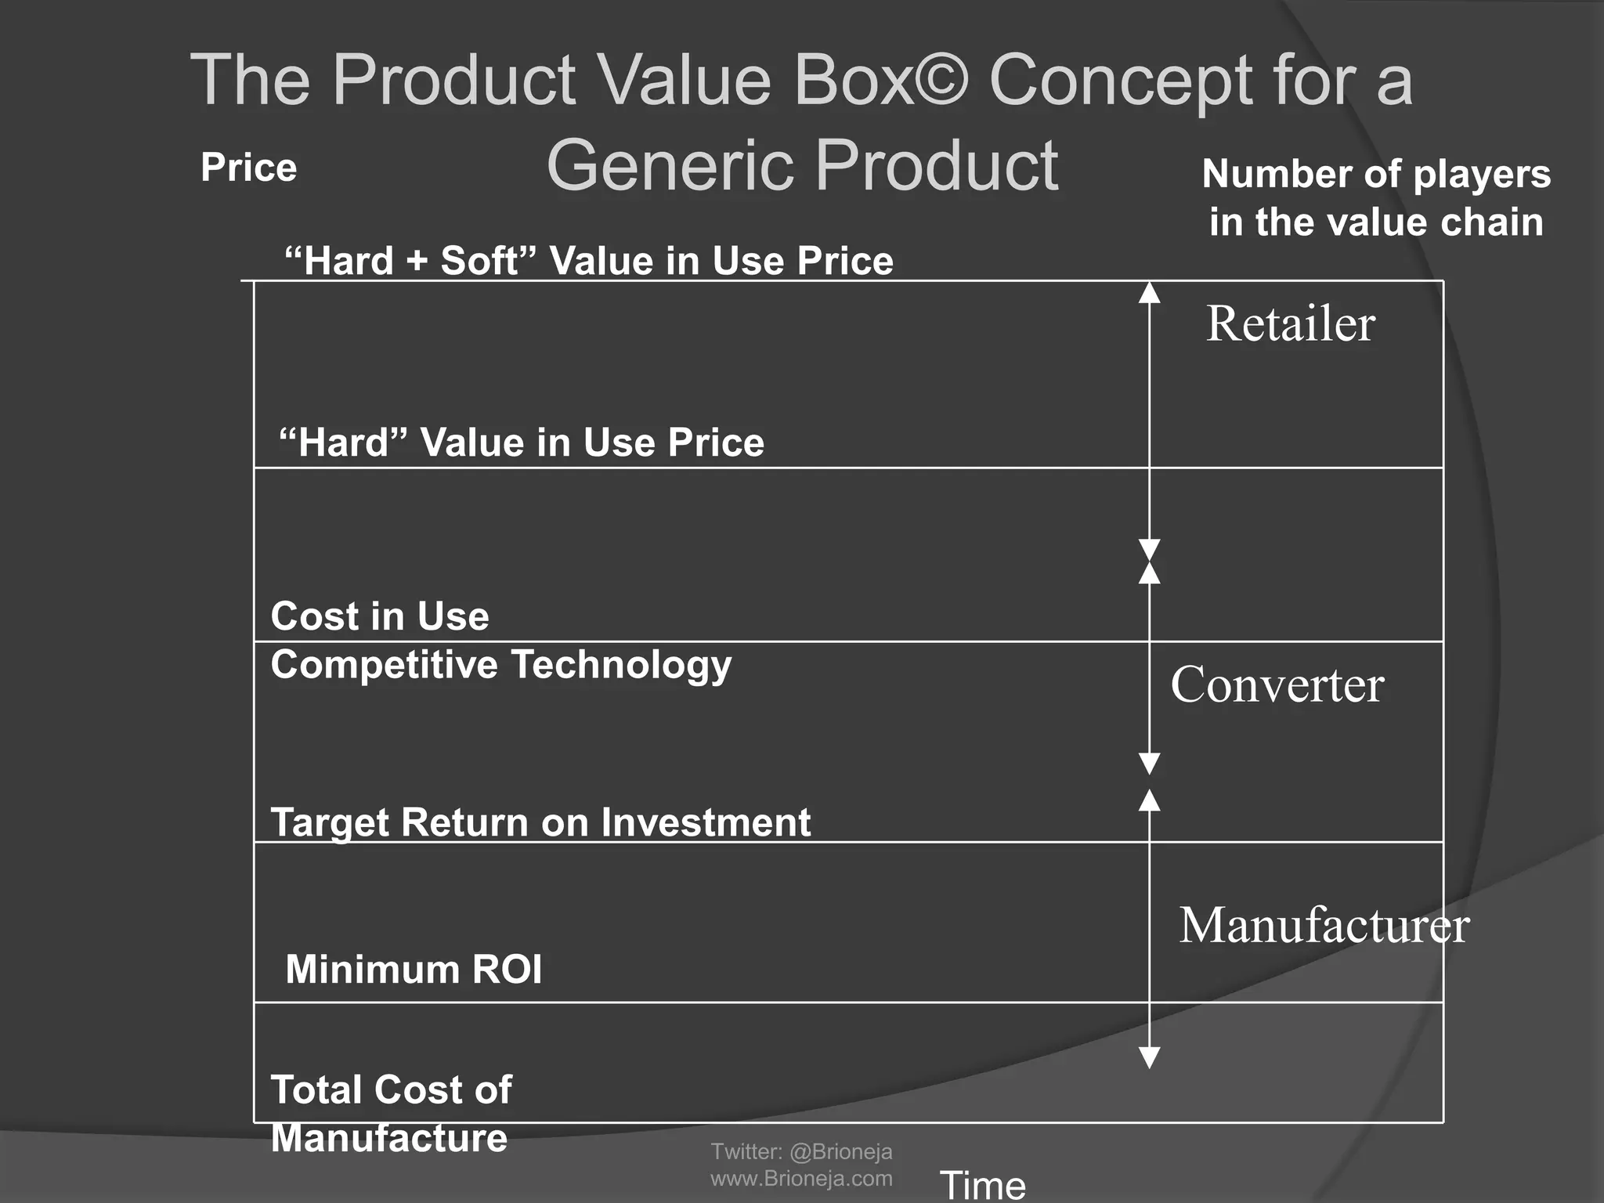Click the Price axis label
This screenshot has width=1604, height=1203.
(248, 168)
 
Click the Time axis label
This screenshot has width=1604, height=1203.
(982, 1184)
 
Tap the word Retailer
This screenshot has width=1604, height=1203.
(1290, 323)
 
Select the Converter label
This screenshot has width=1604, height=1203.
(1277, 685)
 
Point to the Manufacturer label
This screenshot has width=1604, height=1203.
(1324, 925)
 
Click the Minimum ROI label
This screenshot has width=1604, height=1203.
(414, 970)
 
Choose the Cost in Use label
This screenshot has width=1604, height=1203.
(380, 616)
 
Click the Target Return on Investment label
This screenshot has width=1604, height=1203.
(540, 823)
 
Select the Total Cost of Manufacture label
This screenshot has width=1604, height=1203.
(391, 1113)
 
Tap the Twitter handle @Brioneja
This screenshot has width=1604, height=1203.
(841, 1151)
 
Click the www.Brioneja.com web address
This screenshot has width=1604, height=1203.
(801, 1178)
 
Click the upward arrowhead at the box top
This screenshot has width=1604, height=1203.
(1149, 292)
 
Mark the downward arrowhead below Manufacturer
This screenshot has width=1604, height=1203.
(1149, 1057)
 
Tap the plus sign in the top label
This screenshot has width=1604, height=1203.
(417, 262)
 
